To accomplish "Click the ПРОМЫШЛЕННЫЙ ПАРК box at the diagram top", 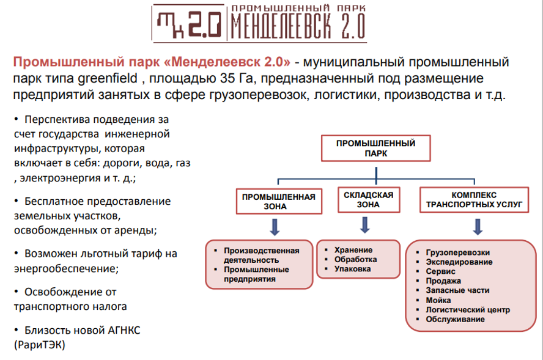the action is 375,148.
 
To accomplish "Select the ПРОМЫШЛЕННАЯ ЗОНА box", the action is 279,201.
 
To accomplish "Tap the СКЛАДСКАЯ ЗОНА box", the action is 369,200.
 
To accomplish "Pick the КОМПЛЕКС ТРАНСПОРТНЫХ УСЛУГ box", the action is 474,200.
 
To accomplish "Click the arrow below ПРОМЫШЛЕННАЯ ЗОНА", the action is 275,227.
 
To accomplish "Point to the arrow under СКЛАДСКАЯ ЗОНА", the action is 364,225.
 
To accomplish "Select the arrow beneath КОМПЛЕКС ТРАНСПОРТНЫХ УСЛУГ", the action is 478,227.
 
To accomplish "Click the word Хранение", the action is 353,250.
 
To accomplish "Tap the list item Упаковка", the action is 353,269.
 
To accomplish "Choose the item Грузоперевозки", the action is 458,252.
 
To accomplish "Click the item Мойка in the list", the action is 438,300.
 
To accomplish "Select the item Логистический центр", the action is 468,310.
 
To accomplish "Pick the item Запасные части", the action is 457,290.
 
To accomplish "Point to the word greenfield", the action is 108,79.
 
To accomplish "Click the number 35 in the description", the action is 227,79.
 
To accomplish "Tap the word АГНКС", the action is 124,330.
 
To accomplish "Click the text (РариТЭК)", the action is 40,345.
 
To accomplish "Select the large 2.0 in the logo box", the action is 204,24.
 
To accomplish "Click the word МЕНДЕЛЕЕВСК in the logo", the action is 281,27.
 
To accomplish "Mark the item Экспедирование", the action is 459,262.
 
